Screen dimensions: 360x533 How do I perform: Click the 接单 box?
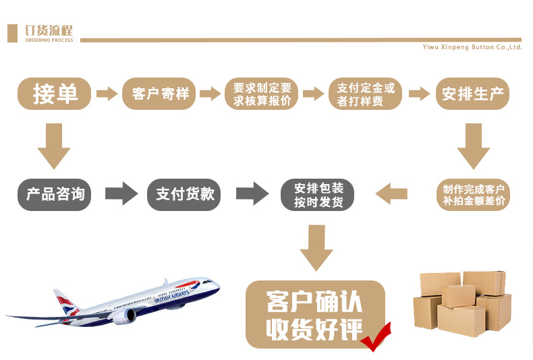click(55, 94)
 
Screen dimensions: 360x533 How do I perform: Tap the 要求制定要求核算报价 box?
click(262, 94)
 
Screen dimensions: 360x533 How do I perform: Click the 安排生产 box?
click(472, 94)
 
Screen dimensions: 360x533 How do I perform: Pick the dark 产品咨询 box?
click(55, 194)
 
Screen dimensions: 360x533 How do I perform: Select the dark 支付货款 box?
click(185, 194)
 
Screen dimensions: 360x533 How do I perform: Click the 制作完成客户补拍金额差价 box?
click(472, 194)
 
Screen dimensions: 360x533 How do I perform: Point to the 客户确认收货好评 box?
click(314, 314)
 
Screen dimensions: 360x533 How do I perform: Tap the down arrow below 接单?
click(54, 146)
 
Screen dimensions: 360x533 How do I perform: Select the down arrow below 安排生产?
click(473, 146)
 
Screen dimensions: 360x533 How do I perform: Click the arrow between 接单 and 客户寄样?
click(107, 94)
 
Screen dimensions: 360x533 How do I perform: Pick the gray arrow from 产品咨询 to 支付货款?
click(121, 194)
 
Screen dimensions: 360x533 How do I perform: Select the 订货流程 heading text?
click(48, 30)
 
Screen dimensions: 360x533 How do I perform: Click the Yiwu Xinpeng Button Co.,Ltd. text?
click(472, 47)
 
